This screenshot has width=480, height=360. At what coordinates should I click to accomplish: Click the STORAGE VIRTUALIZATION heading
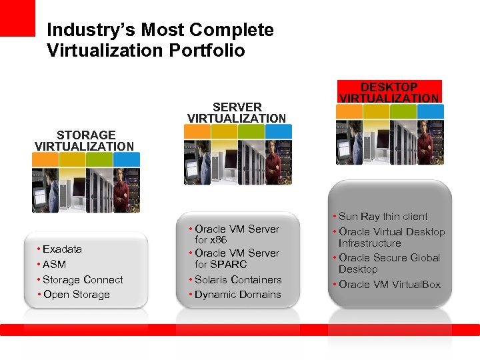click(x=85, y=141)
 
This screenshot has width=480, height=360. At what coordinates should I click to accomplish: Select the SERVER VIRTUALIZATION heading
click(x=237, y=113)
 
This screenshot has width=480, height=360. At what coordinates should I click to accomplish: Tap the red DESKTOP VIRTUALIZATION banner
click(x=389, y=93)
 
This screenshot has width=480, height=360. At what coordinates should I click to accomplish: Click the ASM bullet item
click(x=54, y=265)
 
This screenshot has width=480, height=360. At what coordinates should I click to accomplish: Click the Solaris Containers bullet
click(x=238, y=280)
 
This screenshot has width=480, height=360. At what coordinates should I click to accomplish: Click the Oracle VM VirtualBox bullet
click(x=389, y=285)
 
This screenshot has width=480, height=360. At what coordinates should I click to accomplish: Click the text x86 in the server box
click(x=219, y=240)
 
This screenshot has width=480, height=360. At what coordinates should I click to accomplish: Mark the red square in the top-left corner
click(x=17, y=17)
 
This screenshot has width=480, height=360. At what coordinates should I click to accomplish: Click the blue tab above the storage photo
click(x=127, y=159)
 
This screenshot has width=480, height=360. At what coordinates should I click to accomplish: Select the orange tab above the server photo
click(x=197, y=131)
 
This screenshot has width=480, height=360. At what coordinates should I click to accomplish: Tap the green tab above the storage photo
click(x=99, y=159)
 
